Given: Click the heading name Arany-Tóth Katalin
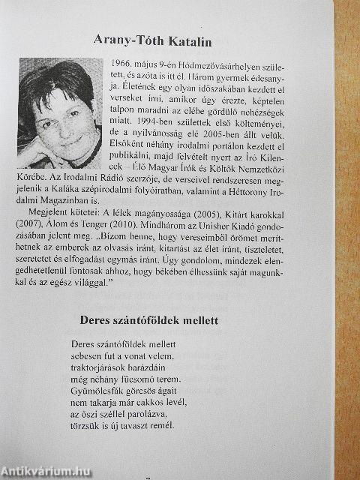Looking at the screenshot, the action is pos(180,38).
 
